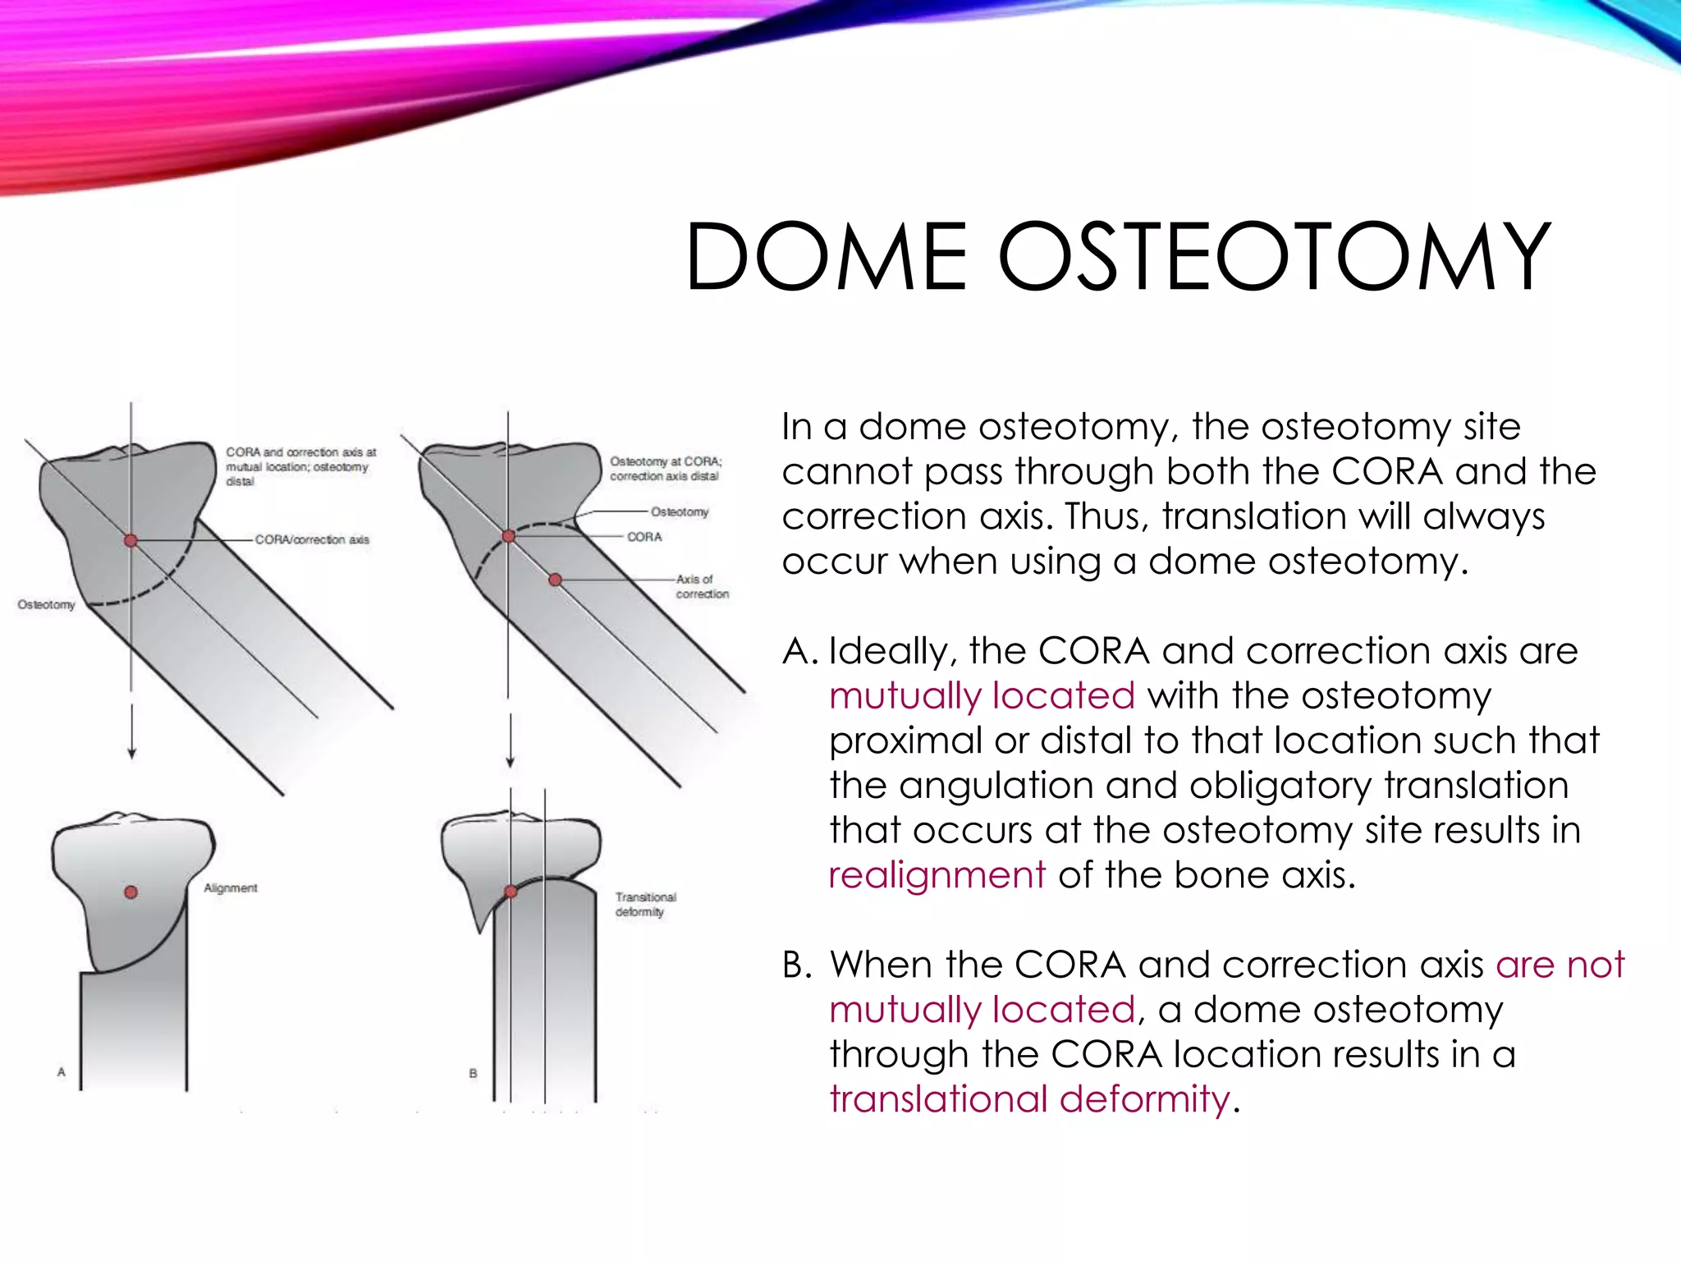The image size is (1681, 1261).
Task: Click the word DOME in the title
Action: (x=827, y=258)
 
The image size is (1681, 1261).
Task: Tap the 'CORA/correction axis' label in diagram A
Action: (x=312, y=539)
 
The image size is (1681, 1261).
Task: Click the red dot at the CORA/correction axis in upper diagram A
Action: (x=131, y=540)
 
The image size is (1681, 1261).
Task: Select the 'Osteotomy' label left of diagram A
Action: (x=46, y=605)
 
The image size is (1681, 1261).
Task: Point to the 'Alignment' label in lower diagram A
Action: (x=231, y=888)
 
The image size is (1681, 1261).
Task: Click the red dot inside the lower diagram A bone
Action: (x=131, y=892)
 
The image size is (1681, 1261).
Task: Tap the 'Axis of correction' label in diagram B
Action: (x=702, y=586)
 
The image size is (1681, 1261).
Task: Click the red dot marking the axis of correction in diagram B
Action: (x=556, y=580)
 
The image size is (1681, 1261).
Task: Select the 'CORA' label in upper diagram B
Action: (x=644, y=537)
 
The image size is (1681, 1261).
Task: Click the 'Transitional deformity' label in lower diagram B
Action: (x=645, y=905)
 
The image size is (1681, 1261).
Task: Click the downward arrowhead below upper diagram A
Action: (x=131, y=753)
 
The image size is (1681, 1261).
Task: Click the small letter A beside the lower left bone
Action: (x=61, y=1072)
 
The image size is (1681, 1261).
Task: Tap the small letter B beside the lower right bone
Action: (x=473, y=1073)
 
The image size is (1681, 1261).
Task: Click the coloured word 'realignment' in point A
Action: (x=937, y=875)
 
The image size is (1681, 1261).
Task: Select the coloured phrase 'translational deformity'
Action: (x=1030, y=1099)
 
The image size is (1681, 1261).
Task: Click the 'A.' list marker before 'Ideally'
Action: (x=799, y=652)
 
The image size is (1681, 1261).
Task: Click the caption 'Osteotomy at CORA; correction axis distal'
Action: (x=665, y=469)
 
